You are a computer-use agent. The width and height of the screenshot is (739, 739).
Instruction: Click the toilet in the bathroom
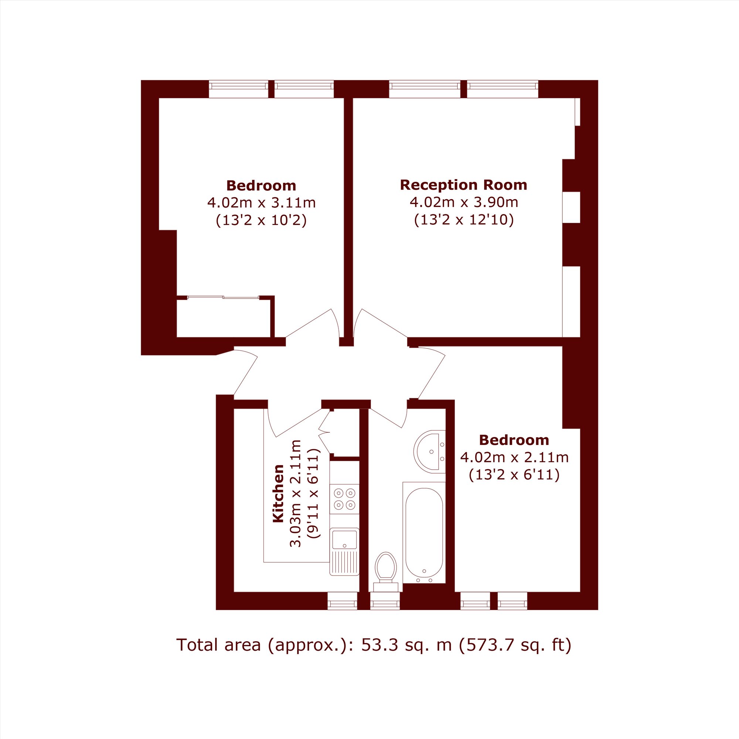385,572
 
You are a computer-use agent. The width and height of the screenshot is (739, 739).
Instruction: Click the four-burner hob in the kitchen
344,499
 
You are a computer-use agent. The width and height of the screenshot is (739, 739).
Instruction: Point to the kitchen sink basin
344,540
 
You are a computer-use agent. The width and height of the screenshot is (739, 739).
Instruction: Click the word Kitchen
278,493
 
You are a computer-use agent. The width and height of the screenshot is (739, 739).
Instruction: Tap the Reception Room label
464,185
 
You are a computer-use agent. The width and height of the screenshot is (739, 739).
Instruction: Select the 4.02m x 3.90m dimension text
464,202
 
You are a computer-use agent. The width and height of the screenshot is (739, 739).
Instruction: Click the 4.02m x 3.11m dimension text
261,203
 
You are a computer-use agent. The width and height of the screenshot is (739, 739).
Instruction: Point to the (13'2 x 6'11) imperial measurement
514,475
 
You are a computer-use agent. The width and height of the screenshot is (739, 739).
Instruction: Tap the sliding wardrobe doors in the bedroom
224,297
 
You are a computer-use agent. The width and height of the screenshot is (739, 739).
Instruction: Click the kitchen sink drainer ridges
344,562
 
